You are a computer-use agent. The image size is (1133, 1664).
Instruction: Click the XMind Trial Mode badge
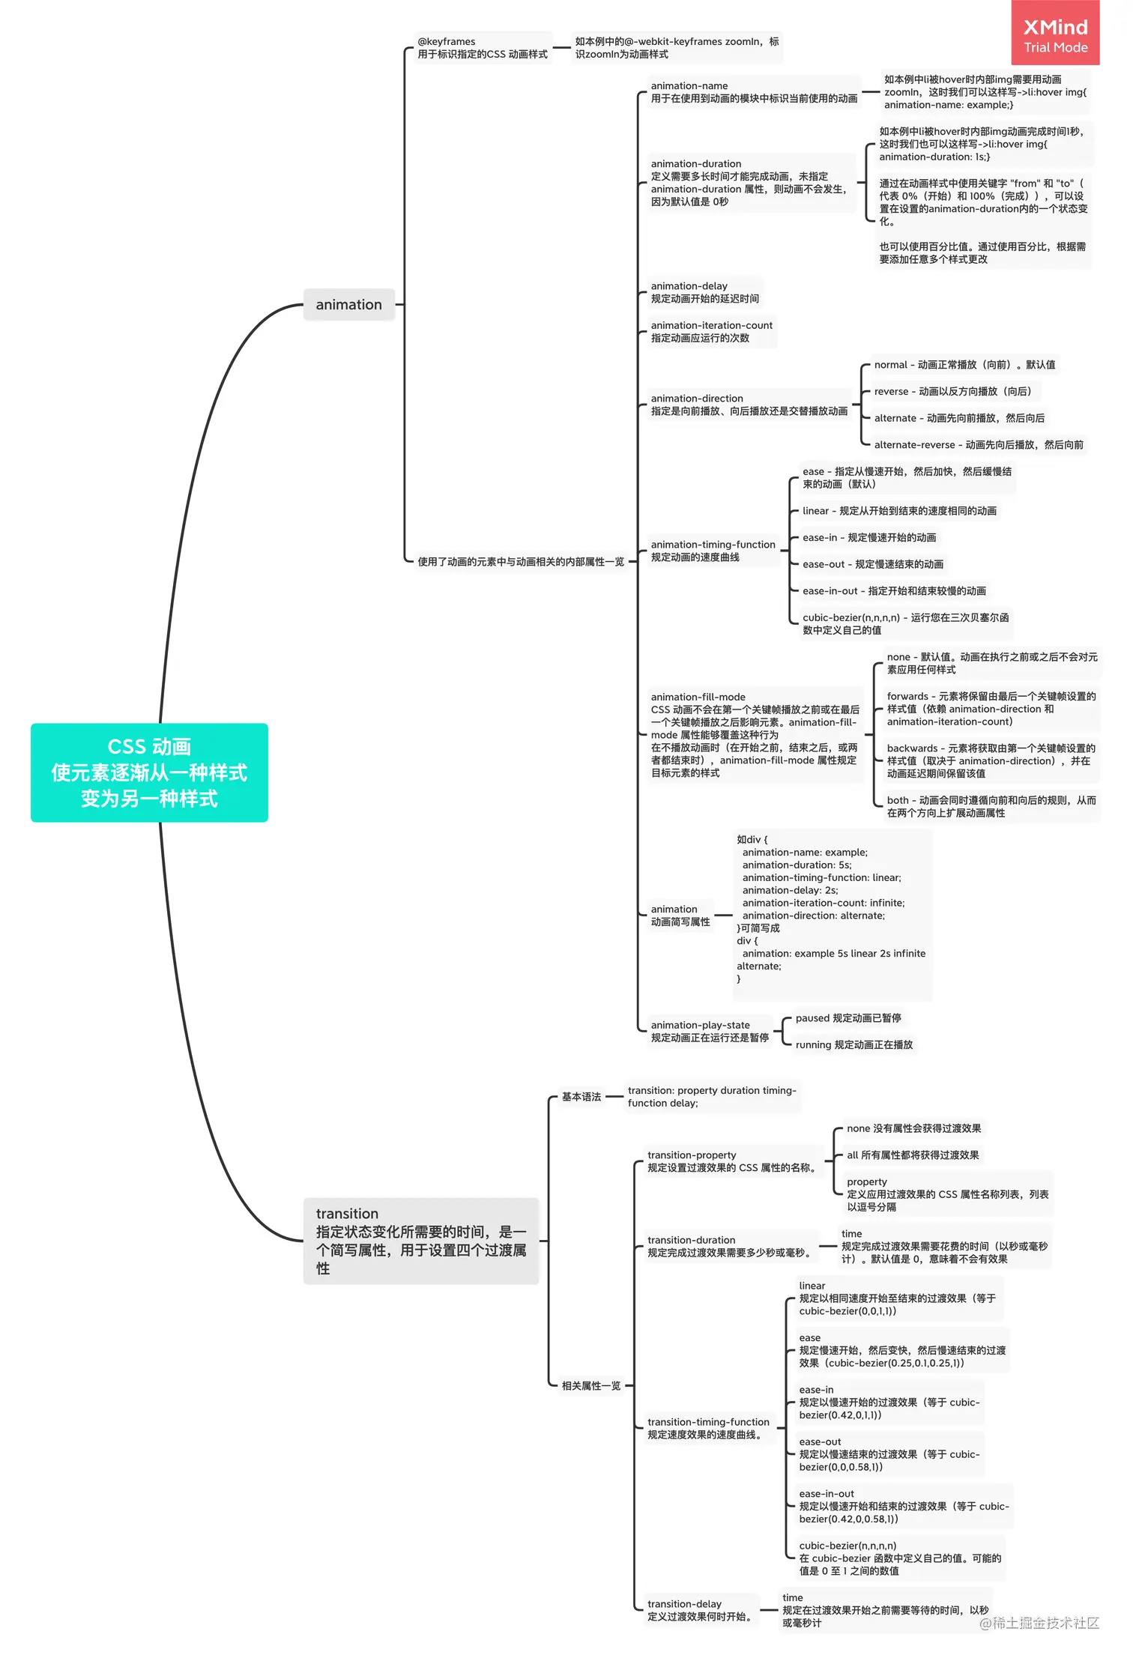point(1055,34)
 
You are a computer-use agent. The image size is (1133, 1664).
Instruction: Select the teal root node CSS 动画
point(149,772)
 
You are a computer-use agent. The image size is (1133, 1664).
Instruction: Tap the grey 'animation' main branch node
point(348,304)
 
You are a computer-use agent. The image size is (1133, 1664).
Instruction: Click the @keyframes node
point(482,48)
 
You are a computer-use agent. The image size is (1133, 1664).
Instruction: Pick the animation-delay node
point(704,292)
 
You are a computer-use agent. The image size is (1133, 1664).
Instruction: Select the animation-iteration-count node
point(711,332)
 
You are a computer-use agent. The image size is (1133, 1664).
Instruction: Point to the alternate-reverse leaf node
point(978,444)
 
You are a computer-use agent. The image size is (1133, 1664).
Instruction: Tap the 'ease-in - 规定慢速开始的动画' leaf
point(868,537)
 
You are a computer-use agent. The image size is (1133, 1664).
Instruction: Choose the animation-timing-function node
point(713,551)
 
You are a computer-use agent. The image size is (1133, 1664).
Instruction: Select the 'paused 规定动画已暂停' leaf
point(848,1017)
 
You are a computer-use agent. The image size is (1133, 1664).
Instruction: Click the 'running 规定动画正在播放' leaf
point(853,1044)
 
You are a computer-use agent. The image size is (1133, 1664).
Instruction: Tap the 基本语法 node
point(581,1096)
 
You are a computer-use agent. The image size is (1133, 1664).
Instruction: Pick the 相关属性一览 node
point(591,1385)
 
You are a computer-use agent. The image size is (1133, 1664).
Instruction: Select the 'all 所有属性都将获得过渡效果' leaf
point(912,1155)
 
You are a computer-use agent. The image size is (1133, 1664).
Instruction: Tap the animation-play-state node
point(709,1031)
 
